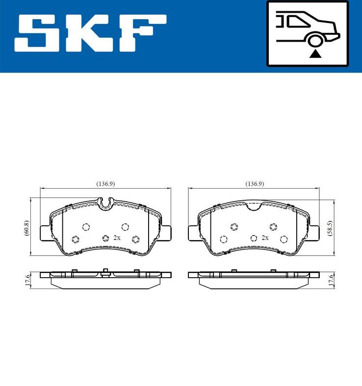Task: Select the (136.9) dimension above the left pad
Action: pyautogui.click(x=105, y=184)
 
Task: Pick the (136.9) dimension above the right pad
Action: pyautogui.click(x=255, y=184)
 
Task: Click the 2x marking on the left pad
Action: pyautogui.click(x=117, y=238)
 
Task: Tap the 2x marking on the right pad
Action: pyautogui.click(x=265, y=238)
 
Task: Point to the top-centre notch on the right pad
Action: pyautogui.click(x=255, y=206)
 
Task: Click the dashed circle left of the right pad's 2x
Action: pyautogui.click(x=253, y=239)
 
